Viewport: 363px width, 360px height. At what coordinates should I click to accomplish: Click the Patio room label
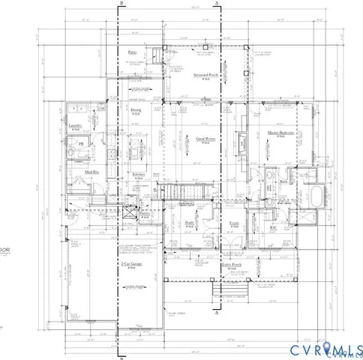[x=133, y=52]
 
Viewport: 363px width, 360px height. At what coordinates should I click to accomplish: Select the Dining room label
[x=135, y=109]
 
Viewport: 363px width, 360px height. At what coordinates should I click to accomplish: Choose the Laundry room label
[x=74, y=127]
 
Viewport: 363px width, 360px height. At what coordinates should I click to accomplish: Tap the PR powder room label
[x=82, y=142]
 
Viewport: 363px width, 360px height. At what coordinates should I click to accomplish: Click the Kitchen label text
[x=139, y=174]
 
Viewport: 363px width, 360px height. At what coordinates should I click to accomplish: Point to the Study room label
[x=190, y=222]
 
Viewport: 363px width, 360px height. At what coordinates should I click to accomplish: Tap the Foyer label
[x=233, y=223]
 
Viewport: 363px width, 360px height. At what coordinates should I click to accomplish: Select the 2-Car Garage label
[x=132, y=265]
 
